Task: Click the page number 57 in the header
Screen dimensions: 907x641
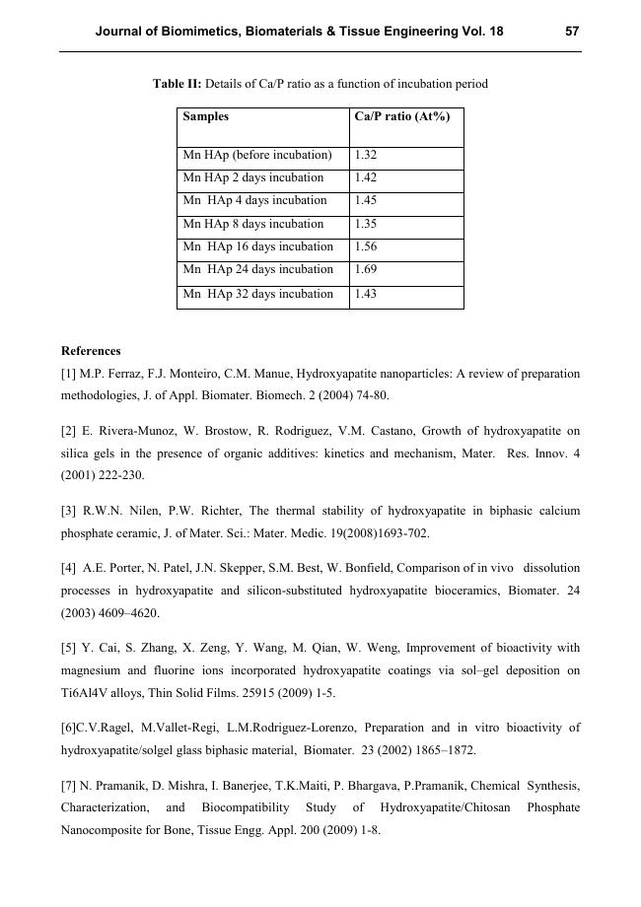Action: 572,32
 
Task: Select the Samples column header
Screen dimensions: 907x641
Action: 206,116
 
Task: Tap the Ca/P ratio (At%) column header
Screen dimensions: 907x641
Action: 401,116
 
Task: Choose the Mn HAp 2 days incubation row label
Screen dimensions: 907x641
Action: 253,178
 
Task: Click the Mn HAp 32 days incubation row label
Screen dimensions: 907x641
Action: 258,294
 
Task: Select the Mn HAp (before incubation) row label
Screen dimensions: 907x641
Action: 257,156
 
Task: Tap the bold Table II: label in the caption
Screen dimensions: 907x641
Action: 177,84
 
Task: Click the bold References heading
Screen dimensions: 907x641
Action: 91,351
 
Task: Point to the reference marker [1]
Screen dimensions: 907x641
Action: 69,375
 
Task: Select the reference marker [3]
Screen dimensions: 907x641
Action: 69,512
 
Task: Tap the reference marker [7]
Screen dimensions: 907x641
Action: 69,786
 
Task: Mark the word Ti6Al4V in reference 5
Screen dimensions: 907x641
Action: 84,694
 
